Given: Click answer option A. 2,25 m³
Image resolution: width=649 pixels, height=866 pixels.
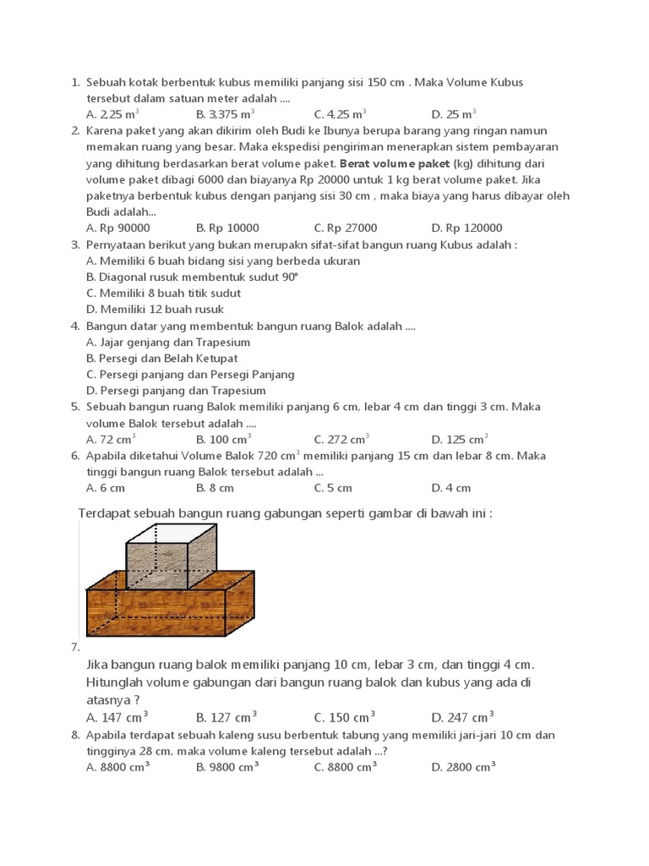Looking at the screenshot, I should (112, 114).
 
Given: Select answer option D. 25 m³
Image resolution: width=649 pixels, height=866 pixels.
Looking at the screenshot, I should (454, 114).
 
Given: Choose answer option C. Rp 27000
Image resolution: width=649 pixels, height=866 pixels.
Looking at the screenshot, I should (345, 228).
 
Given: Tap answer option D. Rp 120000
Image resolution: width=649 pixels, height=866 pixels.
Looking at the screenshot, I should (466, 228).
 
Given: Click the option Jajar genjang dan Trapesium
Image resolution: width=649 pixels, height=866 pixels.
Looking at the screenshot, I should (168, 343).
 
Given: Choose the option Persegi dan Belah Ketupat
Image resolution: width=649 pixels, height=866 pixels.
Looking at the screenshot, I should (161, 359).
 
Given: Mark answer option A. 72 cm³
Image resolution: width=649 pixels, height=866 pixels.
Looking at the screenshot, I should (111, 440).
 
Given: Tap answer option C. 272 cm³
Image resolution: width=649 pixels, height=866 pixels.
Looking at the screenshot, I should (341, 440).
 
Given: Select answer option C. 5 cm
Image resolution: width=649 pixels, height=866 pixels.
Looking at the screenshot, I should (333, 488).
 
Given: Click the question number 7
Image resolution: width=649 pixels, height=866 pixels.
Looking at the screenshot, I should (75, 648).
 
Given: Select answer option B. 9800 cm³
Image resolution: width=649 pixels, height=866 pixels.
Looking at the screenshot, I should (227, 767).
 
